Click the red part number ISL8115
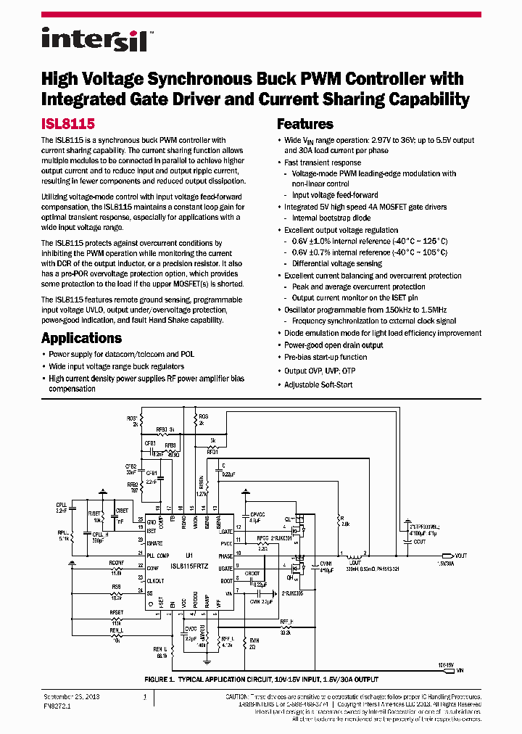click(x=67, y=125)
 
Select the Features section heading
click(x=304, y=124)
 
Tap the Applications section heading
click(x=81, y=338)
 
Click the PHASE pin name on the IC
click(x=225, y=556)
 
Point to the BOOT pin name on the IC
click(x=227, y=580)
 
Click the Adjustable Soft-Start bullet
click(x=318, y=384)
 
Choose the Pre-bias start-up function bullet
click(x=326, y=358)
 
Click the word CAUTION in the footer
click(x=240, y=696)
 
